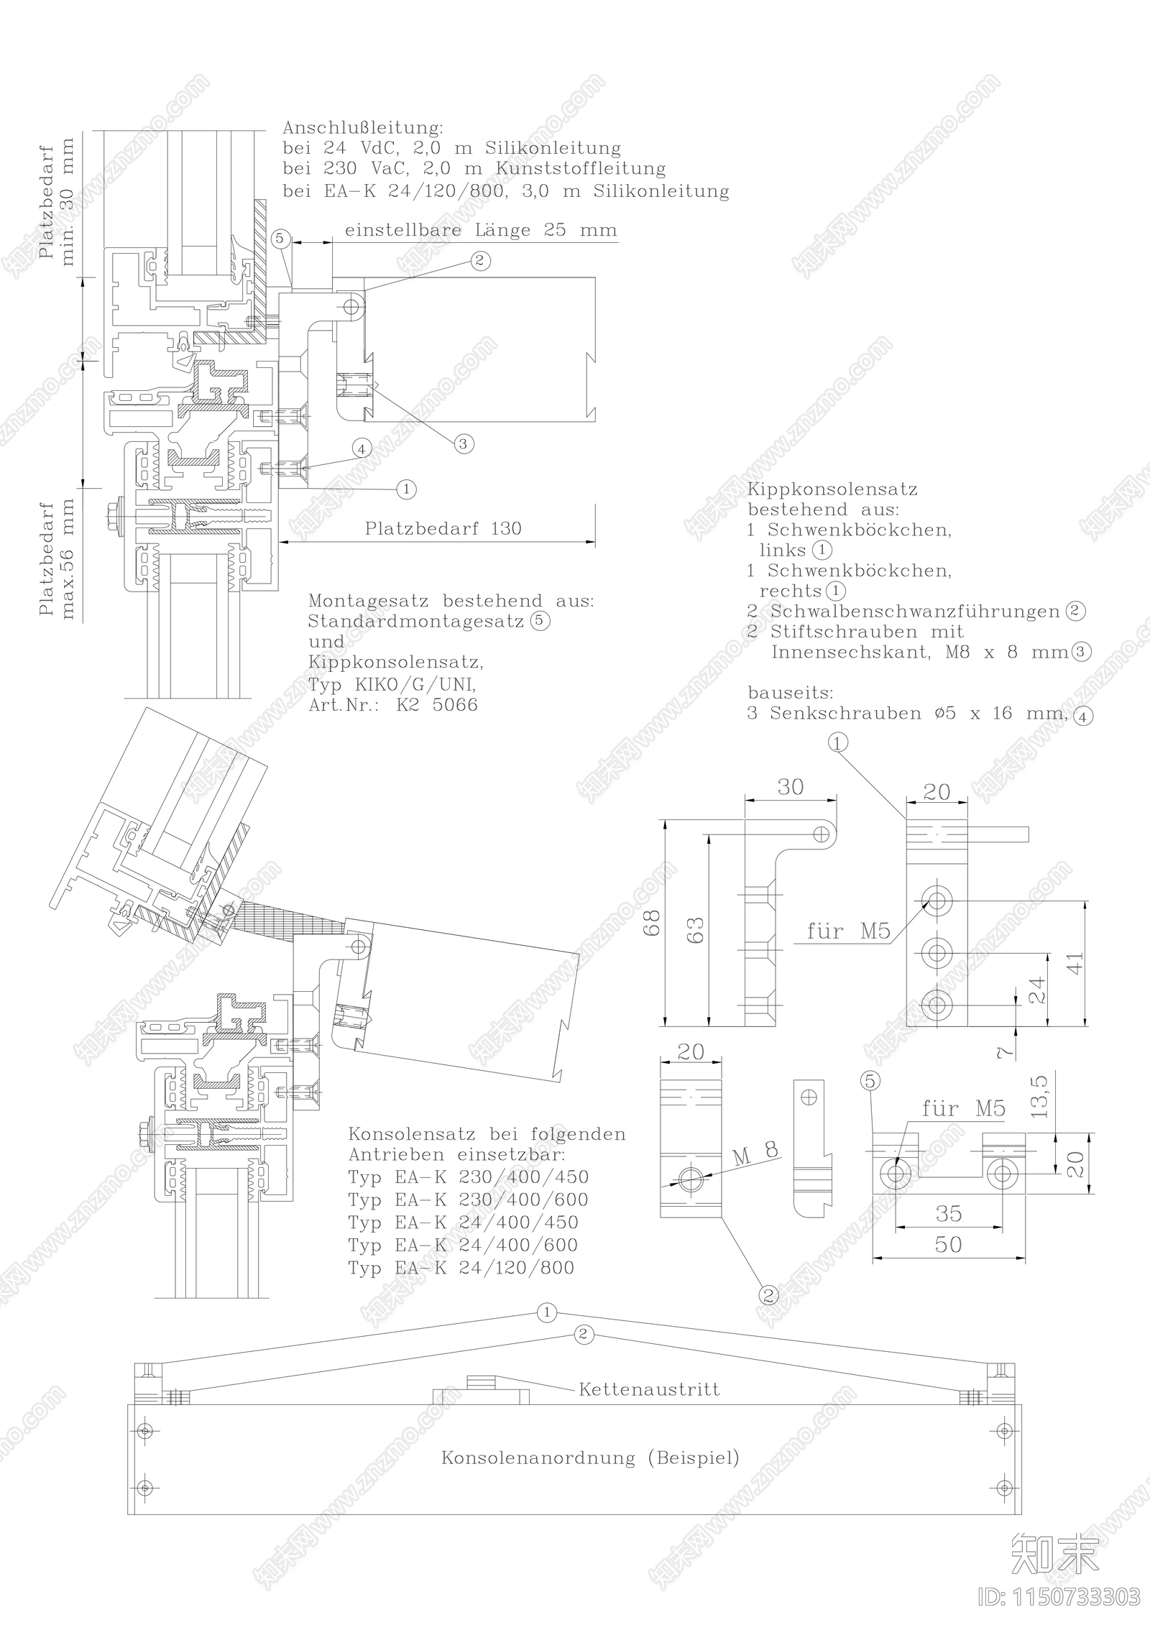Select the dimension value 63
696,930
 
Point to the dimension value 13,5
1040,1095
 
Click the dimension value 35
949,1213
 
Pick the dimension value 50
948,1244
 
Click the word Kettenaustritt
649,1389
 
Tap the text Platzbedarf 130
443,528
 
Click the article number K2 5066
437,704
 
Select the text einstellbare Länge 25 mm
481,230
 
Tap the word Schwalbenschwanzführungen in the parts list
916,612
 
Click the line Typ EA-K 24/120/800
461,1267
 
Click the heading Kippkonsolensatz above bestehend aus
832,489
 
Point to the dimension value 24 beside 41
1037,991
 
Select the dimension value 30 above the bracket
790,788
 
